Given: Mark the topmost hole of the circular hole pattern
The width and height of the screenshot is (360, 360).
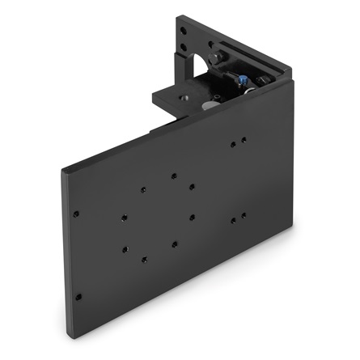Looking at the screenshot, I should pyautogui.click(x=172, y=173).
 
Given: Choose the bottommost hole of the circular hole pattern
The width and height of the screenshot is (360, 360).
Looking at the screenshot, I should pyautogui.click(x=144, y=260).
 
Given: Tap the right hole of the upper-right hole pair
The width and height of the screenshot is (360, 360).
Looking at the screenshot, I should pyautogui.click(x=244, y=139).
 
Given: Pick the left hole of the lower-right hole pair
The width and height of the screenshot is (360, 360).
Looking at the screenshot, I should pyautogui.click(x=233, y=219).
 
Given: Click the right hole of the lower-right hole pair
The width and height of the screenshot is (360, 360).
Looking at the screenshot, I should pyautogui.click(x=244, y=215).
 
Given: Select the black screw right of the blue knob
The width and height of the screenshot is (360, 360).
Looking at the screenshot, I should pyautogui.click(x=263, y=81).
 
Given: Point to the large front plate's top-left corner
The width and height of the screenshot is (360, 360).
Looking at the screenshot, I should pyautogui.click(x=63, y=170).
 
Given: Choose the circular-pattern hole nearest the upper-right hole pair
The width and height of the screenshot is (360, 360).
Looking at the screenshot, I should pyautogui.click(x=192, y=187).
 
